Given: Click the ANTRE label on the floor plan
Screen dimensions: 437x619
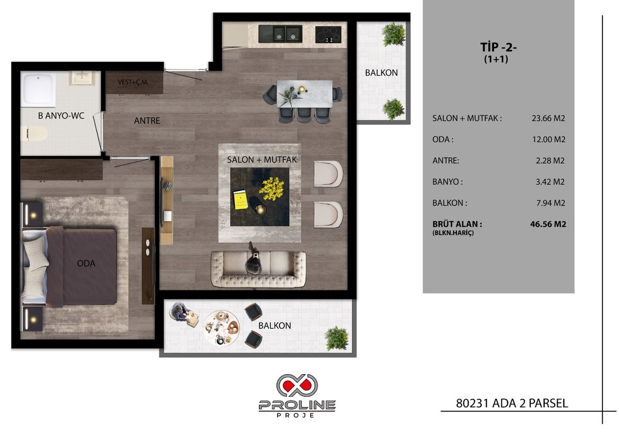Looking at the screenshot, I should click(x=147, y=121).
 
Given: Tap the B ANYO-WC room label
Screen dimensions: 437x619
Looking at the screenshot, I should click(x=61, y=116).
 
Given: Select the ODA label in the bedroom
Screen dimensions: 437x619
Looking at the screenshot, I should click(x=86, y=263).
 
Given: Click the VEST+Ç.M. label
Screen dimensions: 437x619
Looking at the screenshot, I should click(x=133, y=81).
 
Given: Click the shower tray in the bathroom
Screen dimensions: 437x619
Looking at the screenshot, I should click(x=39, y=89).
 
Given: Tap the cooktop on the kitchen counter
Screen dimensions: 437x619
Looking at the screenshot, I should click(x=328, y=34).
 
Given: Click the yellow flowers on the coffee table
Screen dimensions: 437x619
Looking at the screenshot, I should click(x=271, y=189).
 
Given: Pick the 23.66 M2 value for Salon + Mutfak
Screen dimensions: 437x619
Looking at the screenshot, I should click(x=548, y=118).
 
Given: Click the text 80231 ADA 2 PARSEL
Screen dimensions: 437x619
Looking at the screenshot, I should click(x=512, y=403).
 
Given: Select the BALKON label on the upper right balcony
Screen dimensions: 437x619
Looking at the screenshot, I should click(x=381, y=73).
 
